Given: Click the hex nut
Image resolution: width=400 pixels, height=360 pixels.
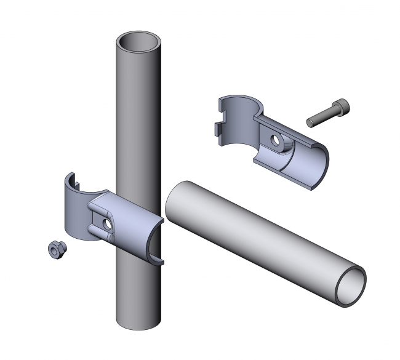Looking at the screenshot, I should [x=55, y=249].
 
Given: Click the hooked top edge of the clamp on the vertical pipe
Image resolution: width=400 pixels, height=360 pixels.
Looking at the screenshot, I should [x=71, y=180].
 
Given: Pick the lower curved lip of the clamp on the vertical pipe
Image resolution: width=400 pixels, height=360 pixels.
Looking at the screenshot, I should [x=158, y=258].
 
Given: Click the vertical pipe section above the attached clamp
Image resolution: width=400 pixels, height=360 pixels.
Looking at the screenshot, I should [x=139, y=123].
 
